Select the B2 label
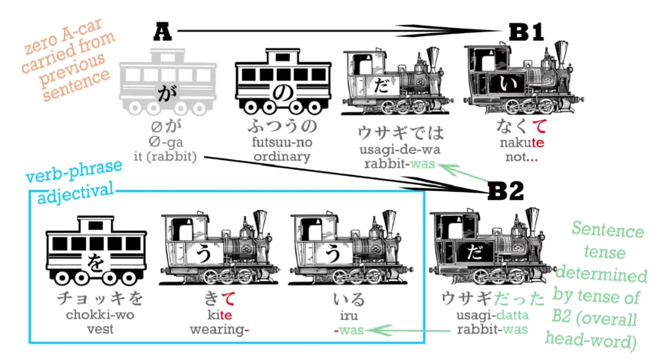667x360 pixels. (506, 192)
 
